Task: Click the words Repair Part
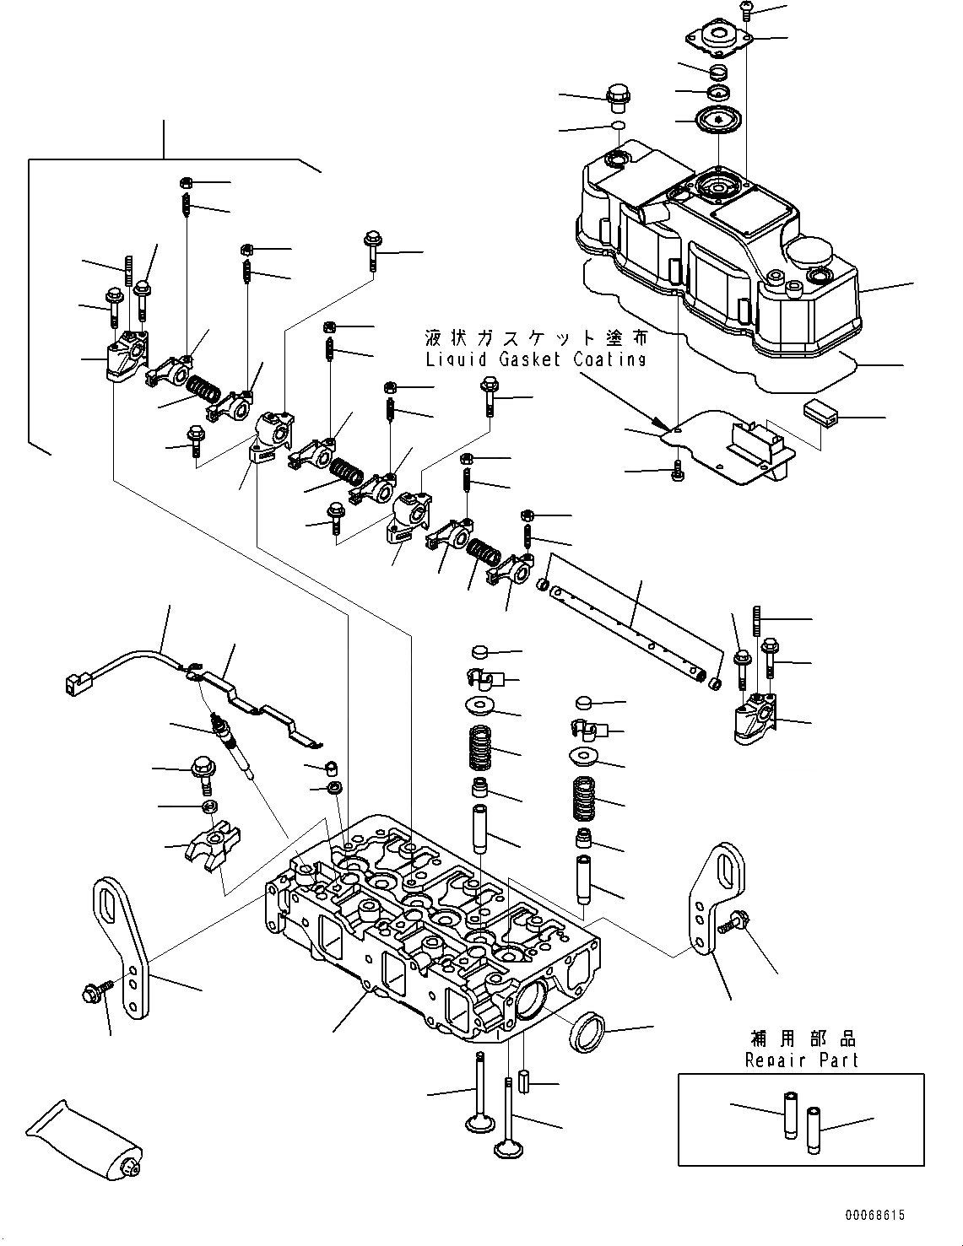pos(801,1060)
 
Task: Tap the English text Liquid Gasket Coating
pos(536,359)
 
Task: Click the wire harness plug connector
pos(75,681)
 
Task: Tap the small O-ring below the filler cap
pos(618,127)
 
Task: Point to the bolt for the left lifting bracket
pos(95,995)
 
